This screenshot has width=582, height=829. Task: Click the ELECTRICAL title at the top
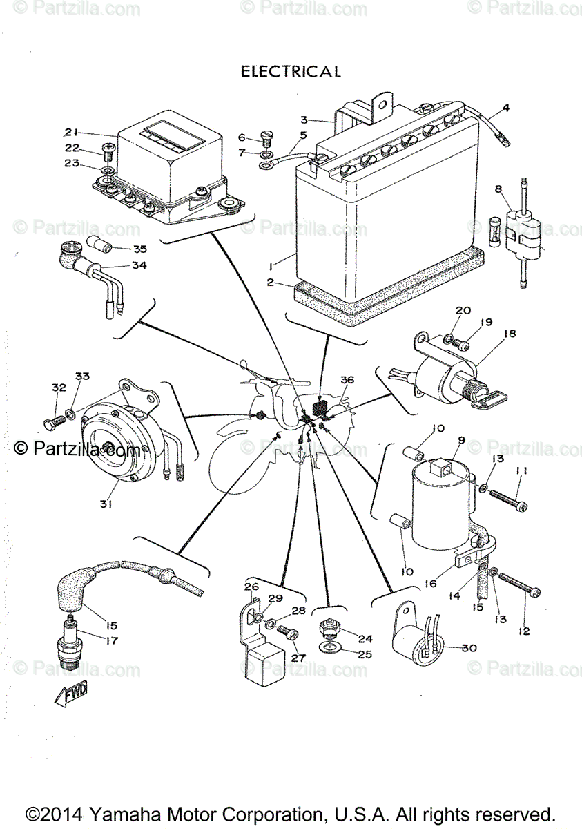290,71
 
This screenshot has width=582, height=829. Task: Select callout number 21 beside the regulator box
72,132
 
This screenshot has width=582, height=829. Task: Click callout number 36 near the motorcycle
347,380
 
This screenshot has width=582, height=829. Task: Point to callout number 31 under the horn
105,504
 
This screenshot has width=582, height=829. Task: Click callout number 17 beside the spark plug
111,640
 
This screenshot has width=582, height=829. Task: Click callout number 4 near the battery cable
505,108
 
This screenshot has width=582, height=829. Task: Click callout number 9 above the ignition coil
460,440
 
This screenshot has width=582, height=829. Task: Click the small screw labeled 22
108,148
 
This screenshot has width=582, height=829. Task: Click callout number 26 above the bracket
251,587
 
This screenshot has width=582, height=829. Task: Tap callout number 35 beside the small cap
140,249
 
